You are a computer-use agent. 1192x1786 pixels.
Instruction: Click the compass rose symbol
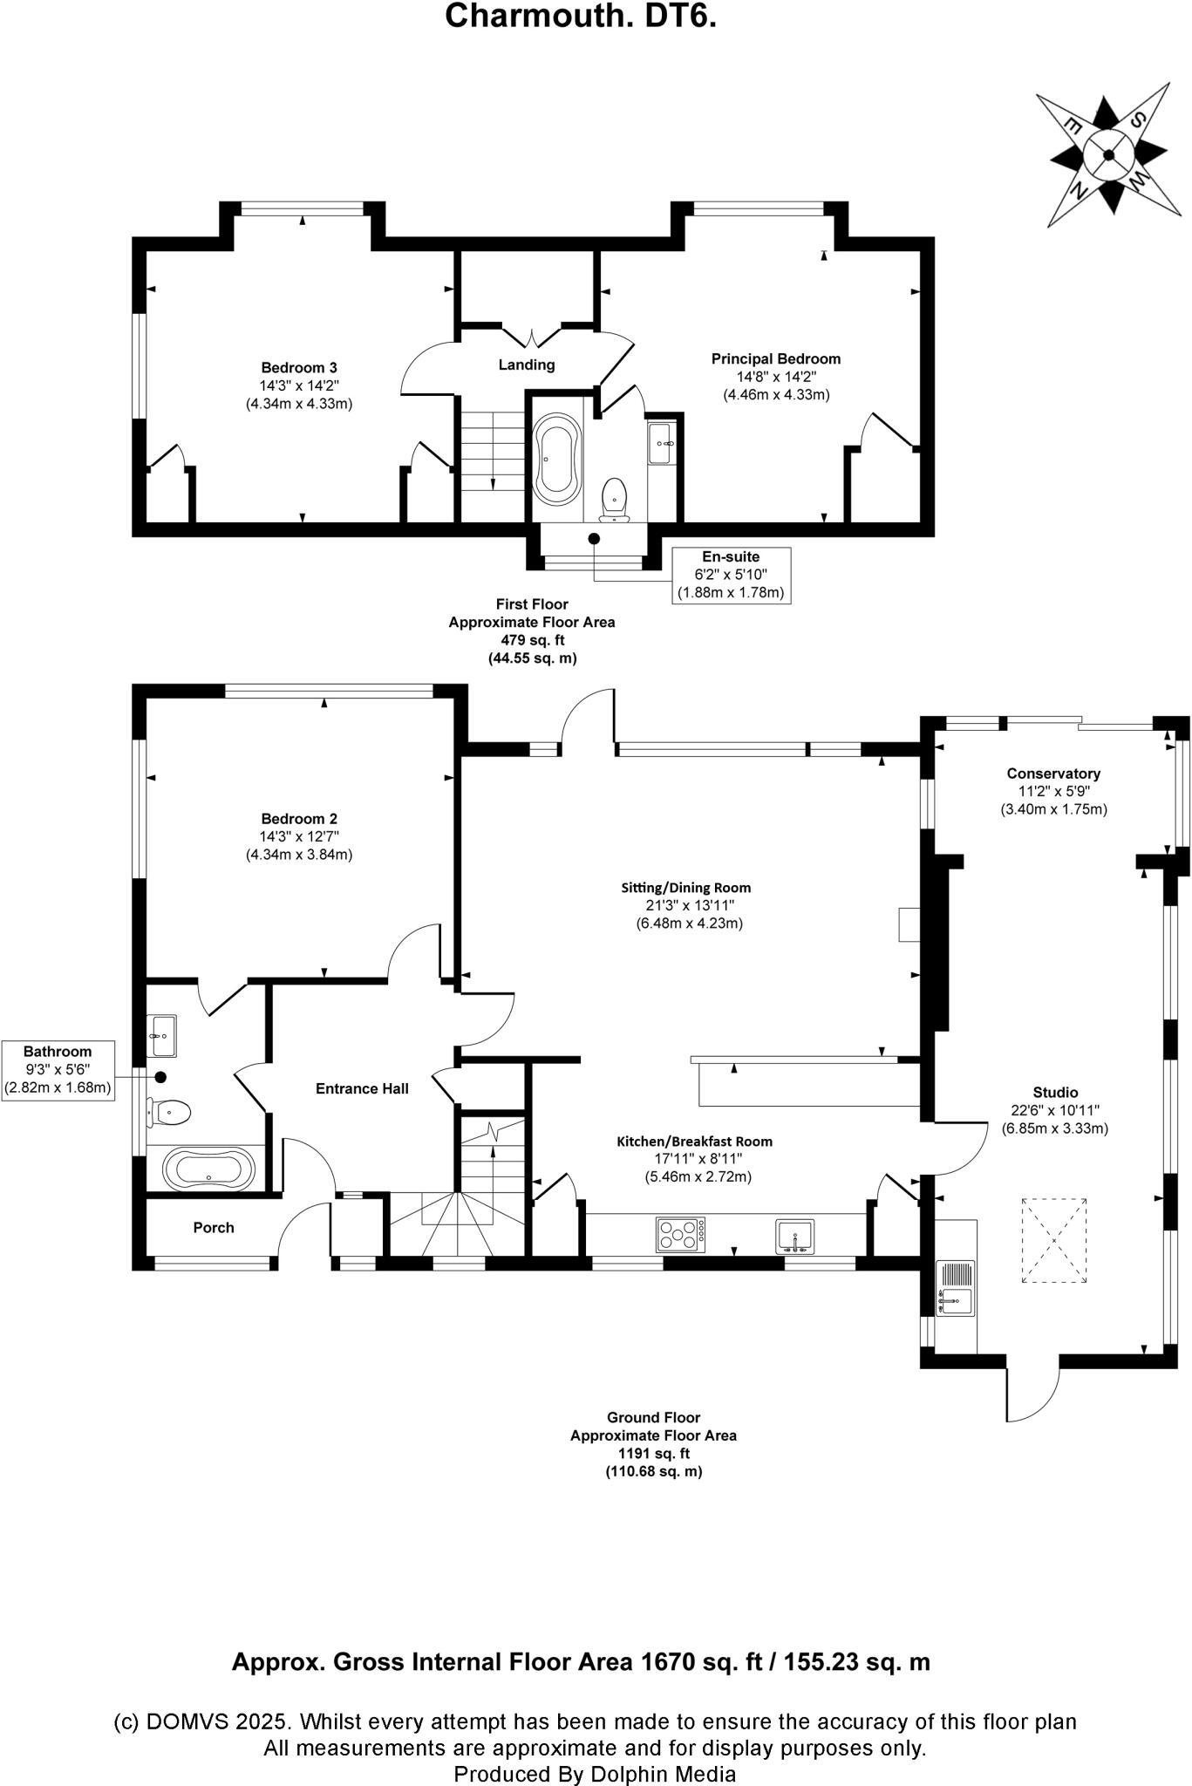pyautogui.click(x=1108, y=155)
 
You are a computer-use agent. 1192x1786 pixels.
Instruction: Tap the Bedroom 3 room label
pyautogui.click(x=298, y=367)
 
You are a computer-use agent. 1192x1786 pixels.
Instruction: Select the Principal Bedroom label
pyautogui.click(x=775, y=358)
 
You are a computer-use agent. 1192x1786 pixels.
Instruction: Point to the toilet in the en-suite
pyautogui.click(x=615, y=499)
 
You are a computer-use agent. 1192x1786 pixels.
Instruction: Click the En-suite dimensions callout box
pyautogui.click(x=731, y=575)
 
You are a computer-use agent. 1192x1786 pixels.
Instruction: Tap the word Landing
pyautogui.click(x=527, y=365)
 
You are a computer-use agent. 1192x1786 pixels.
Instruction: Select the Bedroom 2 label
pyautogui.click(x=298, y=818)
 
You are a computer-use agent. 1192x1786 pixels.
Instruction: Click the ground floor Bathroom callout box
pyautogui.click(x=58, y=1069)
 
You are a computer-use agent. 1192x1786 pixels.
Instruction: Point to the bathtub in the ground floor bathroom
pyautogui.click(x=209, y=1169)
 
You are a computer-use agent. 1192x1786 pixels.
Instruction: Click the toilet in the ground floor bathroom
pyautogui.click(x=171, y=1111)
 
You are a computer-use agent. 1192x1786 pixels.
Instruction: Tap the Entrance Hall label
pyautogui.click(x=362, y=1088)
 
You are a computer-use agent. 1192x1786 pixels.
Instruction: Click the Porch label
pyautogui.click(x=214, y=1227)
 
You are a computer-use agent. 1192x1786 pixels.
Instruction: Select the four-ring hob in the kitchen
pyautogui.click(x=680, y=1234)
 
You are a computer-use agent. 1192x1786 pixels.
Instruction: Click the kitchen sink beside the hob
pyautogui.click(x=794, y=1236)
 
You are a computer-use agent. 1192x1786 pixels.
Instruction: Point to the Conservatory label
pyautogui.click(x=1053, y=774)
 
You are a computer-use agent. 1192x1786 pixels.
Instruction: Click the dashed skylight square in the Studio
pyautogui.click(x=1054, y=1240)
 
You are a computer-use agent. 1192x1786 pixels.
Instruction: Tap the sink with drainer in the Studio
pyautogui.click(x=956, y=1287)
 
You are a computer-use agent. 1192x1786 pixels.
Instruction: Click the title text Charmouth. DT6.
pyautogui.click(x=581, y=17)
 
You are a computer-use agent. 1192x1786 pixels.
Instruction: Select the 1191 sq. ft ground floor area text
pyautogui.click(x=654, y=1454)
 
